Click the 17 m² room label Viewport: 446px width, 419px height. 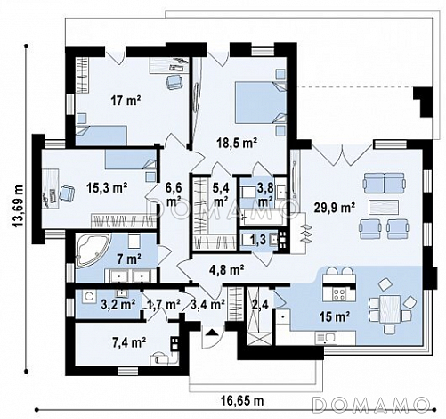pos(126,101)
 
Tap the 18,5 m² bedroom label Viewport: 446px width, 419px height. pos(237,143)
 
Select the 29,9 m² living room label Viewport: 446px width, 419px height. pos(335,208)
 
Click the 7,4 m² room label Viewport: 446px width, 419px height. pos(129,342)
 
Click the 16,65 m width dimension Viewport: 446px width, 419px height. pos(242,400)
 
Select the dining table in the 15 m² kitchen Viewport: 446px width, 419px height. pos(390,308)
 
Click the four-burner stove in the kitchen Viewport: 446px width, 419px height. pos(339,294)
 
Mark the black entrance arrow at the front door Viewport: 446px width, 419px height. pos(211,333)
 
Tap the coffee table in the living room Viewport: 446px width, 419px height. pos(384,207)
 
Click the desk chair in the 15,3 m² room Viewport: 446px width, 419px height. pos(67,193)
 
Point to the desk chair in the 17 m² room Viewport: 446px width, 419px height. pos(174,81)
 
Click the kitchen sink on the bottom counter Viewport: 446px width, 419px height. pos(326,337)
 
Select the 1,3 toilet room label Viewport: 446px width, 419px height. pos(259,240)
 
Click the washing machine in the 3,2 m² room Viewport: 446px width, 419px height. pos(89,296)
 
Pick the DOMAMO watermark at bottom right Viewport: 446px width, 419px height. pos(372,405)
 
